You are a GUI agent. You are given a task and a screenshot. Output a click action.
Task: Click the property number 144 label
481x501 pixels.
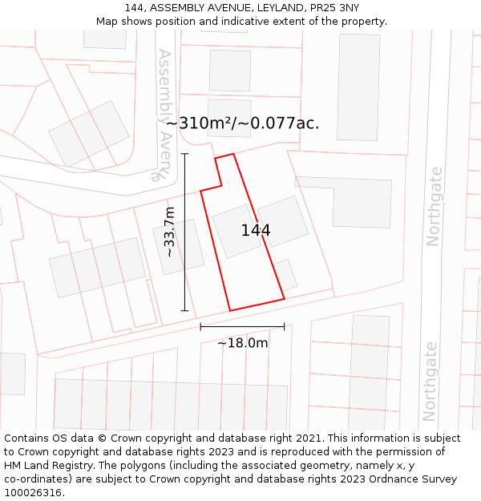click(x=256, y=231)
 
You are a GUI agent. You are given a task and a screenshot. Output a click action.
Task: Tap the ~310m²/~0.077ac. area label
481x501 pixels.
click(x=242, y=123)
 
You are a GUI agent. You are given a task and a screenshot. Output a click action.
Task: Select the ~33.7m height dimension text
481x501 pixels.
click(x=169, y=232)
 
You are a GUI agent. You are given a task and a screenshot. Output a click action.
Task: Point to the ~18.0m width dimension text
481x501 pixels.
click(x=242, y=343)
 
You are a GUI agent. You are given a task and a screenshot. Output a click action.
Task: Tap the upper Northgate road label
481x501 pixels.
click(x=434, y=206)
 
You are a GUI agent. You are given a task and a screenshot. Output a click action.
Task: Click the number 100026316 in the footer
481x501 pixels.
click(x=34, y=492)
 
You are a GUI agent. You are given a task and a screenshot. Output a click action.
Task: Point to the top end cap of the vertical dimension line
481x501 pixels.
click(x=184, y=154)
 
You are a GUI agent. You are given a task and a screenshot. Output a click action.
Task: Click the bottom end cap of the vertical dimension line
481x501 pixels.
click(x=184, y=310)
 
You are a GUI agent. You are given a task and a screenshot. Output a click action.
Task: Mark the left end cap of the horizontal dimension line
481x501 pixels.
click(x=200, y=326)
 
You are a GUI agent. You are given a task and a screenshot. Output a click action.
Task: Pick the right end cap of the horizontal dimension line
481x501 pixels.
click(x=285, y=326)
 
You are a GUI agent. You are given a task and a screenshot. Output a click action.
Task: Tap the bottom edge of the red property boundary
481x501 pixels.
click(x=257, y=305)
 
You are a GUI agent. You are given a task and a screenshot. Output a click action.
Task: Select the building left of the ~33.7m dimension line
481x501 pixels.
click(x=179, y=247)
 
